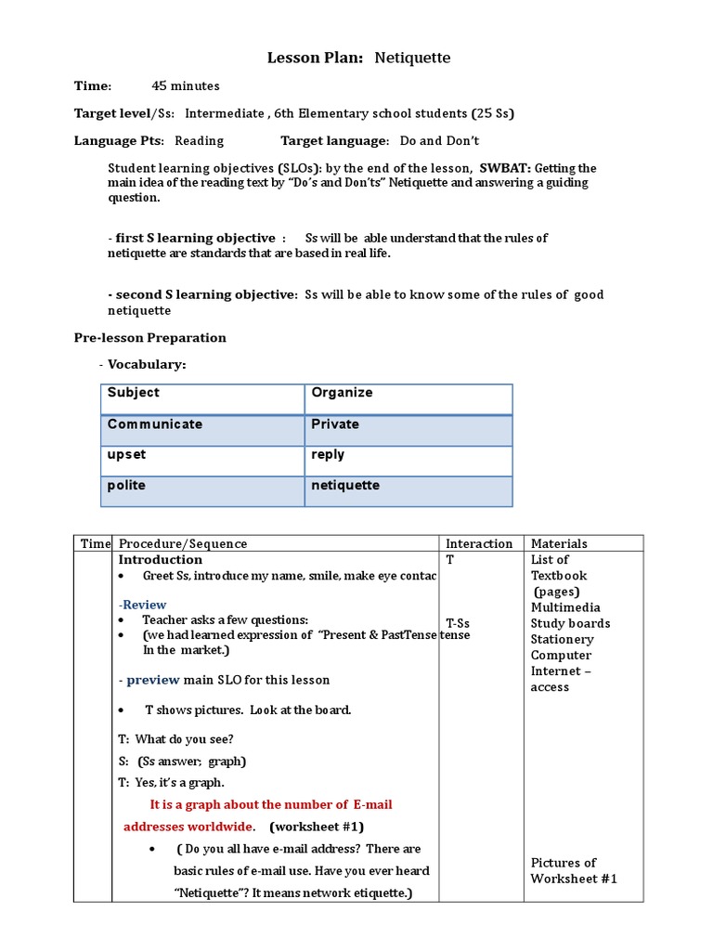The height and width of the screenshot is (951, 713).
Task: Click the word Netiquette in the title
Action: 412,58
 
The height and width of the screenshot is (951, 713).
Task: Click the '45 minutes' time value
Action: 186,86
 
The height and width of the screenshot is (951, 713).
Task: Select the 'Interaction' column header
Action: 479,543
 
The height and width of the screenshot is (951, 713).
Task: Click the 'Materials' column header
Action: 559,543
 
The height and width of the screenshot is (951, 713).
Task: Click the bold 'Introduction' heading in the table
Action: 160,560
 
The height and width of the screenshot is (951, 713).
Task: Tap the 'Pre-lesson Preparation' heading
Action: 149,338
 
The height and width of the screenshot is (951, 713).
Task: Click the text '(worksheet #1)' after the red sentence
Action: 318,827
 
